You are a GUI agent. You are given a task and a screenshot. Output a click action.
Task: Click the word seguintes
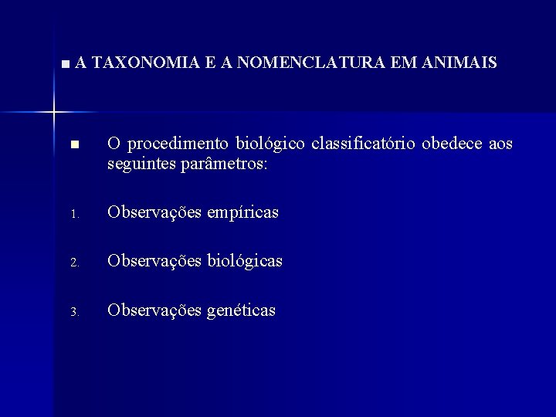(140, 165)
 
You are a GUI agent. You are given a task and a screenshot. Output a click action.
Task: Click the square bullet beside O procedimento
(74, 144)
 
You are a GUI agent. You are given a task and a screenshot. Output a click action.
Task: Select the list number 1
(73, 214)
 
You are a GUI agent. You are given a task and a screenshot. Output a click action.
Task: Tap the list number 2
(73, 263)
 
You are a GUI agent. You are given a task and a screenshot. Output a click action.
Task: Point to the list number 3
(73, 313)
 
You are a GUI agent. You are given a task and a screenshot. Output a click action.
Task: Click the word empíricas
(242, 212)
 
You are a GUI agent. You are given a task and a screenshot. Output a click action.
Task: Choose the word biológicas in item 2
(245, 262)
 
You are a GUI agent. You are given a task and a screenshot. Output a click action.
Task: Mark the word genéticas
(241, 310)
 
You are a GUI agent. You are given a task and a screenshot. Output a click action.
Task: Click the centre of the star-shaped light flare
(54, 113)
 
